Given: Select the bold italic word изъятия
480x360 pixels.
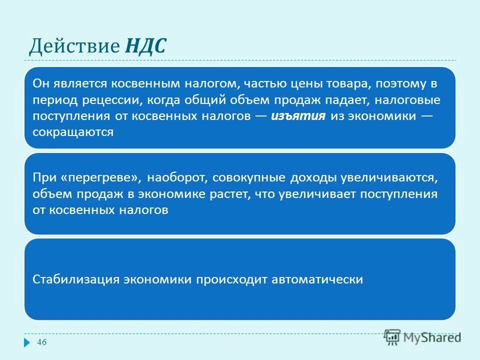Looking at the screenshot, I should tap(299, 116).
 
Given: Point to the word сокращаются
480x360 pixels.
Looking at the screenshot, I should tap(73, 132).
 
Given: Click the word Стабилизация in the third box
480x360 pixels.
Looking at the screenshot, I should tap(75, 279).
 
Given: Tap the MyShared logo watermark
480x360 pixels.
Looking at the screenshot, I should tap(422, 337).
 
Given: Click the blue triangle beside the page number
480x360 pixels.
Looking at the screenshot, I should tap(27, 343).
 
